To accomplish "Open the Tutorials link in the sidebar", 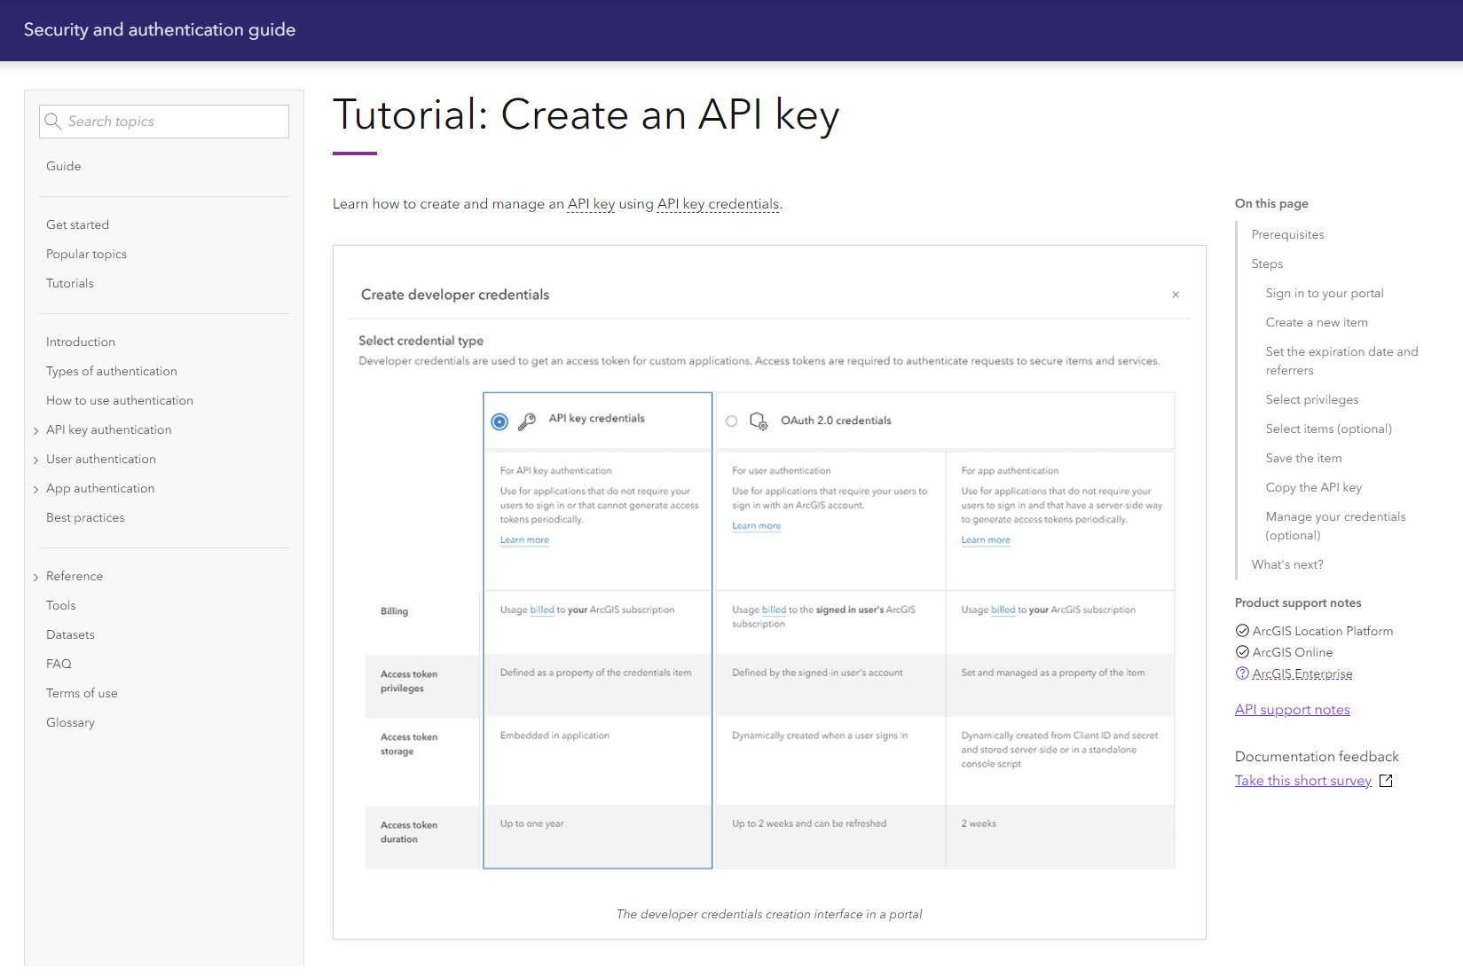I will tap(70, 283).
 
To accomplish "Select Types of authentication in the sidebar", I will tap(112, 371).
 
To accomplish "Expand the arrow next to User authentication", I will tap(35, 460).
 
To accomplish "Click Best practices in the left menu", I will tap(85, 517).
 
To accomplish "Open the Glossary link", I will tap(70, 722).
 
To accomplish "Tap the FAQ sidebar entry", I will tap(59, 664).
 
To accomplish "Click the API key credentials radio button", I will tap(499, 421).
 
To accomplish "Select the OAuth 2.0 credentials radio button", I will tap(731, 421).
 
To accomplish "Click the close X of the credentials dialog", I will tap(1176, 295).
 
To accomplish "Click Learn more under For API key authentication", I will tap(524, 539).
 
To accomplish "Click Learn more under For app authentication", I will tap(986, 539).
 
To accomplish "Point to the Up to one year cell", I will tap(532, 823).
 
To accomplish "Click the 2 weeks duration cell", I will tap(979, 823).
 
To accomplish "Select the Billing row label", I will tap(394, 611).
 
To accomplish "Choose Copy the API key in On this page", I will tap(1313, 487).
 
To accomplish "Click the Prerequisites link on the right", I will tap(1287, 234).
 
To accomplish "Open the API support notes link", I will tap(1292, 709).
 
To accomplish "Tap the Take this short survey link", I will tap(1302, 780).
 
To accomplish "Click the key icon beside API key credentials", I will tap(527, 421).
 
